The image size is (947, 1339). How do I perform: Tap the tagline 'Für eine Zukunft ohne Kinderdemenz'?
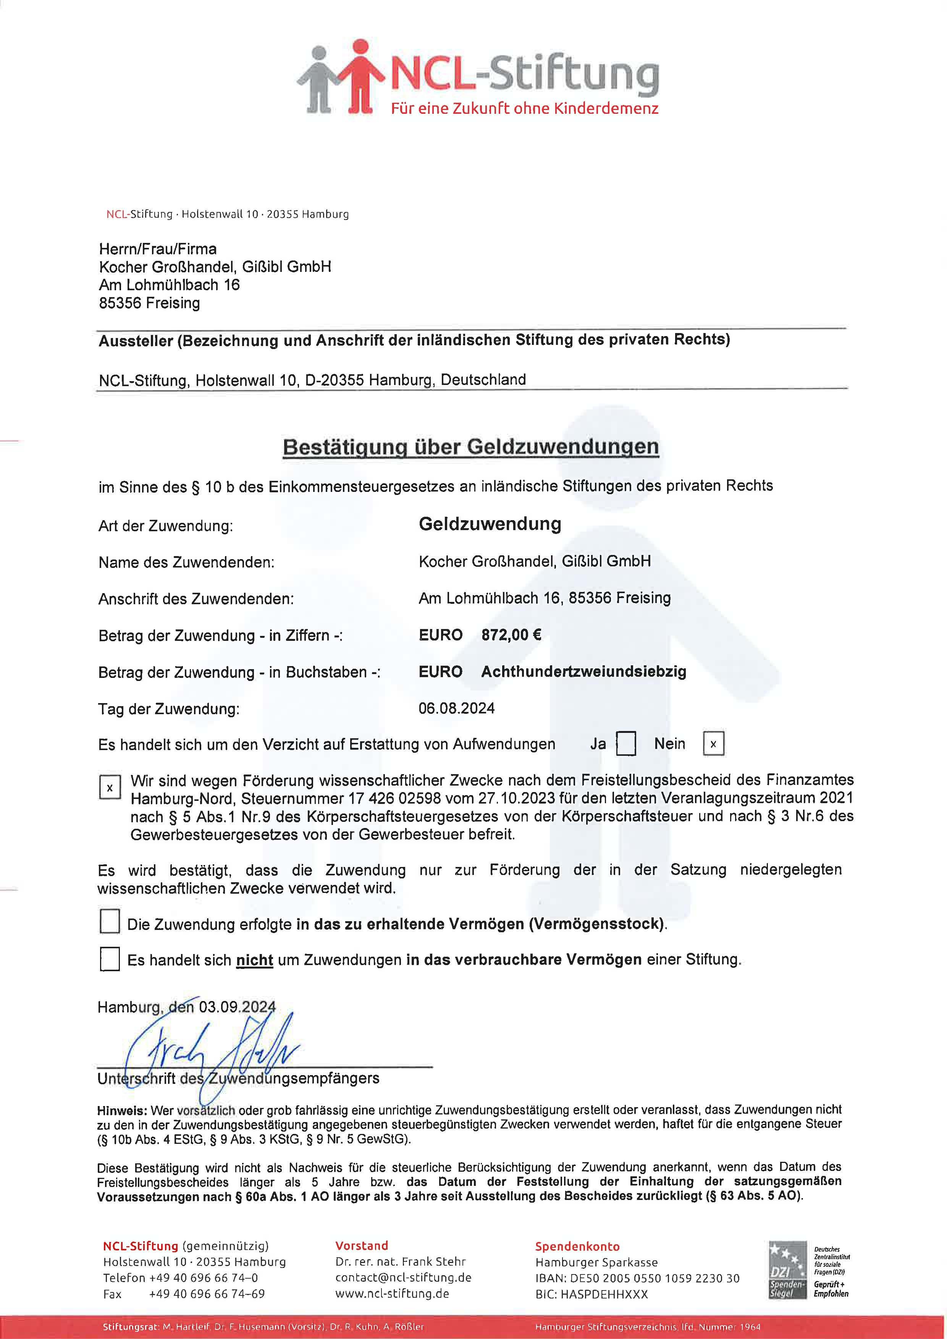tap(524, 108)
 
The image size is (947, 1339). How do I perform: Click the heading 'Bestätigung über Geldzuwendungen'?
tap(470, 447)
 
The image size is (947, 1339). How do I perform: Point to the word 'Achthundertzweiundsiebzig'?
tap(583, 671)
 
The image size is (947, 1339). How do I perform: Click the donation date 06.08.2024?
tap(457, 708)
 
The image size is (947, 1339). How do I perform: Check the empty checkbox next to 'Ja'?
tap(626, 744)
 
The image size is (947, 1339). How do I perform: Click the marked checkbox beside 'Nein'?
tap(713, 744)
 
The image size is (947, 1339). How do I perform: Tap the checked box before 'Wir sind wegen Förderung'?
tap(110, 787)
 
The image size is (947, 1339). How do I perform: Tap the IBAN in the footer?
tap(637, 1278)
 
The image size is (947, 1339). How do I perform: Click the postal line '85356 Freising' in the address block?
tap(149, 303)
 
